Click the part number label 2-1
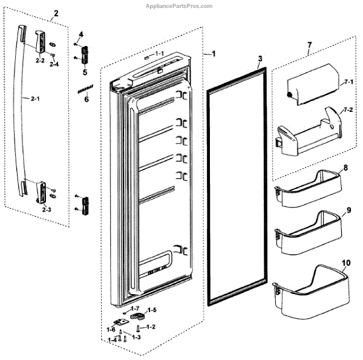[x=26, y=96]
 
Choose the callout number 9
[x=348, y=211]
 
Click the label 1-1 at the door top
[x=160, y=54]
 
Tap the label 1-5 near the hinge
[x=152, y=310]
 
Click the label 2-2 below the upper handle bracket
[x=40, y=61]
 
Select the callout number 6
[x=85, y=99]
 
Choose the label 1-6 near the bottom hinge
[x=111, y=329]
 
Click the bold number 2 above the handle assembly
[x=56, y=13]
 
